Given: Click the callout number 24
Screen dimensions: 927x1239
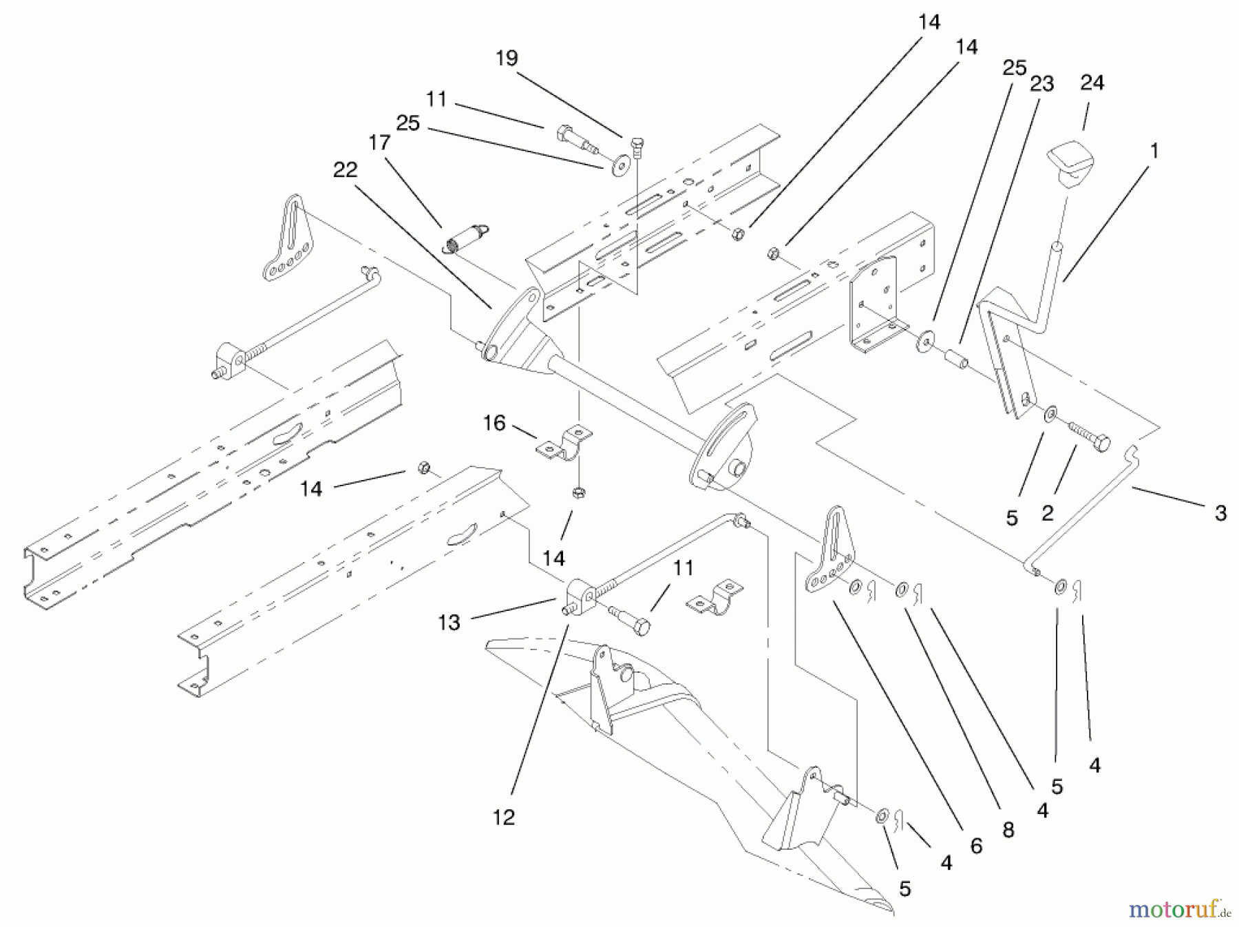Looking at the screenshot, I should click(x=1092, y=83).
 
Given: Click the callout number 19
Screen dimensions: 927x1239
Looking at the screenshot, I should click(x=507, y=59).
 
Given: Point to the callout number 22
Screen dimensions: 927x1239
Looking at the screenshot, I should click(x=346, y=169).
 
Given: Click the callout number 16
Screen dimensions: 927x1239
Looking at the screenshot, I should click(x=494, y=423).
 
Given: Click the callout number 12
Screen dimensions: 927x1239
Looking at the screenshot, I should click(x=504, y=817).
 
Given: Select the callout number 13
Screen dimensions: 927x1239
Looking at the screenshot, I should click(x=449, y=623).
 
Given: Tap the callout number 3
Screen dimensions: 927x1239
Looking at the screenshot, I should click(x=1220, y=513).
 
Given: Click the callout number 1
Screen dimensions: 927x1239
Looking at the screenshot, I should click(x=1154, y=151).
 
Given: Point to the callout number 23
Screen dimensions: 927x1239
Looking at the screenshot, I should click(x=1042, y=84).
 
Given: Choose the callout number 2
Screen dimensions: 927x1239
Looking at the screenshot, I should click(x=1048, y=513).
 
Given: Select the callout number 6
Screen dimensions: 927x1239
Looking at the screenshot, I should click(x=976, y=846).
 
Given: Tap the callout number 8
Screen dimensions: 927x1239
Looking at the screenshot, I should click(x=1008, y=830).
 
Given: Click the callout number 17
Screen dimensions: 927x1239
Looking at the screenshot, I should click(x=379, y=143).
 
